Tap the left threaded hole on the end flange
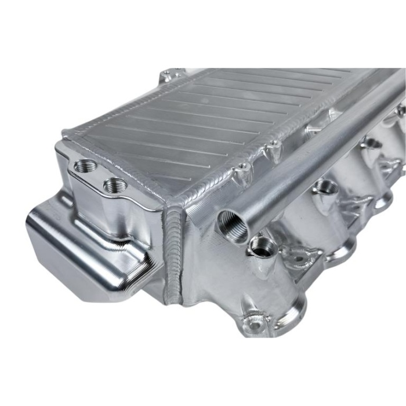pyautogui.click(x=86, y=166)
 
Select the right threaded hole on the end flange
pyautogui.click(x=116, y=185)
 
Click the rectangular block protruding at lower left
pyautogui.click(x=87, y=244)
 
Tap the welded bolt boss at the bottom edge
pyautogui.click(x=255, y=318)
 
